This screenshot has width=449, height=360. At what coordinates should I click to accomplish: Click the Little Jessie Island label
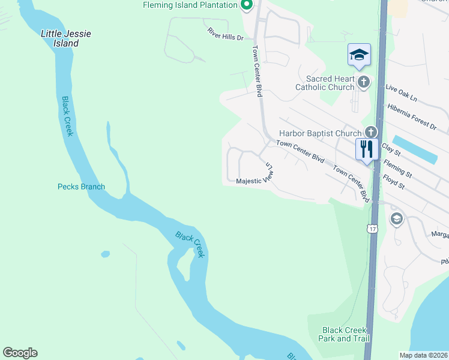[x=66, y=38]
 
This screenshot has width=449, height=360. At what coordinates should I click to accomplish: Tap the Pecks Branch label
[x=81, y=187]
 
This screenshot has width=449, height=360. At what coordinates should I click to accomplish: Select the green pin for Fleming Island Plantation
[x=245, y=5]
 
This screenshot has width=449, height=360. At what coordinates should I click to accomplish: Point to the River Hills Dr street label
[x=225, y=34]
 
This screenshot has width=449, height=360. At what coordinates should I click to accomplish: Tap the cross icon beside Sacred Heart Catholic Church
[x=363, y=82]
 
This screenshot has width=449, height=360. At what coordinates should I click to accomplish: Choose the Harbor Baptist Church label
[x=321, y=133]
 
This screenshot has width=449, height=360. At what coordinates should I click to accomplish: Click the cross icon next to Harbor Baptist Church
[x=371, y=131]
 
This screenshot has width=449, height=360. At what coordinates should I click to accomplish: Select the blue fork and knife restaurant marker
[x=366, y=148]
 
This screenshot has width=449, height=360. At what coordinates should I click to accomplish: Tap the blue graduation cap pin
[x=359, y=55]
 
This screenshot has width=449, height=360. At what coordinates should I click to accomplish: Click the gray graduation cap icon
[x=396, y=219]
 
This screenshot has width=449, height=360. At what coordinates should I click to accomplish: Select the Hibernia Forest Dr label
[x=412, y=116]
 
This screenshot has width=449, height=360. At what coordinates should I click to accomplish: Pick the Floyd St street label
[x=394, y=182]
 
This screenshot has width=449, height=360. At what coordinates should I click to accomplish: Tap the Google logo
[x=20, y=353]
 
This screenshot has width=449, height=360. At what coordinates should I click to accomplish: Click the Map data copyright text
[x=423, y=355]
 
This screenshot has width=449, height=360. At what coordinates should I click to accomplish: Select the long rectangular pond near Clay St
[x=414, y=149]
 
